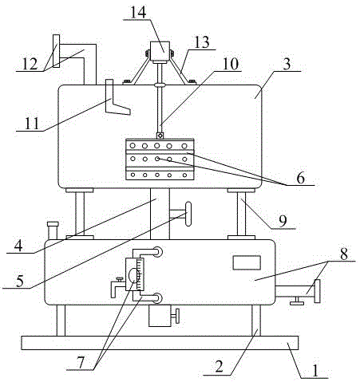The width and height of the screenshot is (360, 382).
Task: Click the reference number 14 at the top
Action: [x=138, y=12]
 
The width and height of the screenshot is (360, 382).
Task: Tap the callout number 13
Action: [x=202, y=42]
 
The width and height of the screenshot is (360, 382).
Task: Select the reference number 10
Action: [x=231, y=64]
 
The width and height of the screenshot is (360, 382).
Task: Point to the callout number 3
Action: [x=287, y=65]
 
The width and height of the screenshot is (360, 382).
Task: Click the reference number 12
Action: [x=30, y=64]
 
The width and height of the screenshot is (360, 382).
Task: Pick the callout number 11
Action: [x=32, y=124]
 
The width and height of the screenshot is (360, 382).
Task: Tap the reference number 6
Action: [x=300, y=178]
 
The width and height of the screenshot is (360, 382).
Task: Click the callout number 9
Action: [x=283, y=221]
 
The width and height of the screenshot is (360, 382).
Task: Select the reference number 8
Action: [x=344, y=254]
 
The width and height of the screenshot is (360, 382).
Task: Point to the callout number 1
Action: [x=315, y=371]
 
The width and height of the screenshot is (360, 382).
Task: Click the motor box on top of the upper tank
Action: [x=160, y=51]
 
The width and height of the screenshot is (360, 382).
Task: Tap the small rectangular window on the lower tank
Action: [x=247, y=262]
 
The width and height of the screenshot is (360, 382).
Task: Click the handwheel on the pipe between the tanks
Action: [x=188, y=214]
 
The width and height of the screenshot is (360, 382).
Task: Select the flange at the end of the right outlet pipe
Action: [x=317, y=291]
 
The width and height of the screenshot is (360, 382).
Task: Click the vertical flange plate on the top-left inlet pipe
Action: [x=56, y=51]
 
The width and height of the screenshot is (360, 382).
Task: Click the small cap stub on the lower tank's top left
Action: [x=53, y=230]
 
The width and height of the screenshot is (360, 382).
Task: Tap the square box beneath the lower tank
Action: [x=160, y=316]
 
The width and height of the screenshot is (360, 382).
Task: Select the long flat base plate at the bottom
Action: [x=160, y=343]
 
